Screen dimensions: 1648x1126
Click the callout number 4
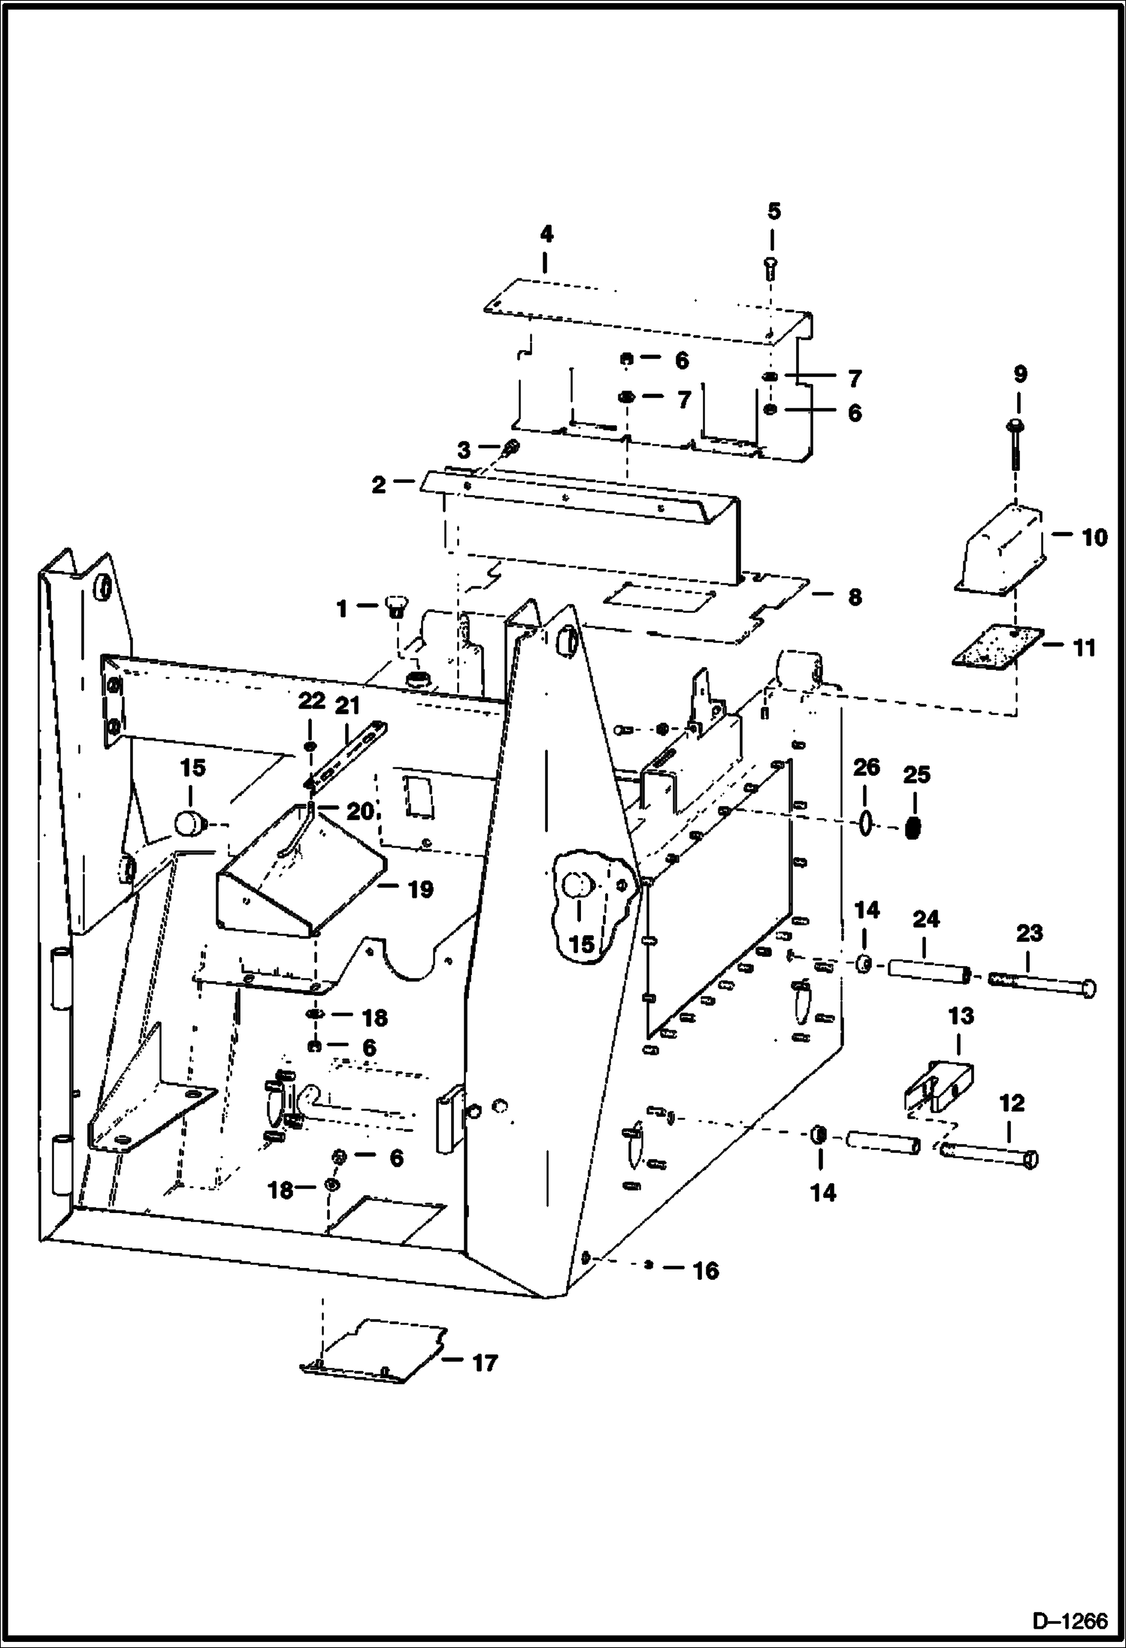pyautogui.click(x=546, y=234)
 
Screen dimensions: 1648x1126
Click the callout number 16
pyautogui.click(x=705, y=1271)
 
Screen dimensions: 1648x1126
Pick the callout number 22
pyautogui.click(x=311, y=701)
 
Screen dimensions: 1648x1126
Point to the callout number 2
pyautogui.click(x=378, y=484)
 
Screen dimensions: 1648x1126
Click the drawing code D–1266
pyautogui.click(x=1070, y=1619)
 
